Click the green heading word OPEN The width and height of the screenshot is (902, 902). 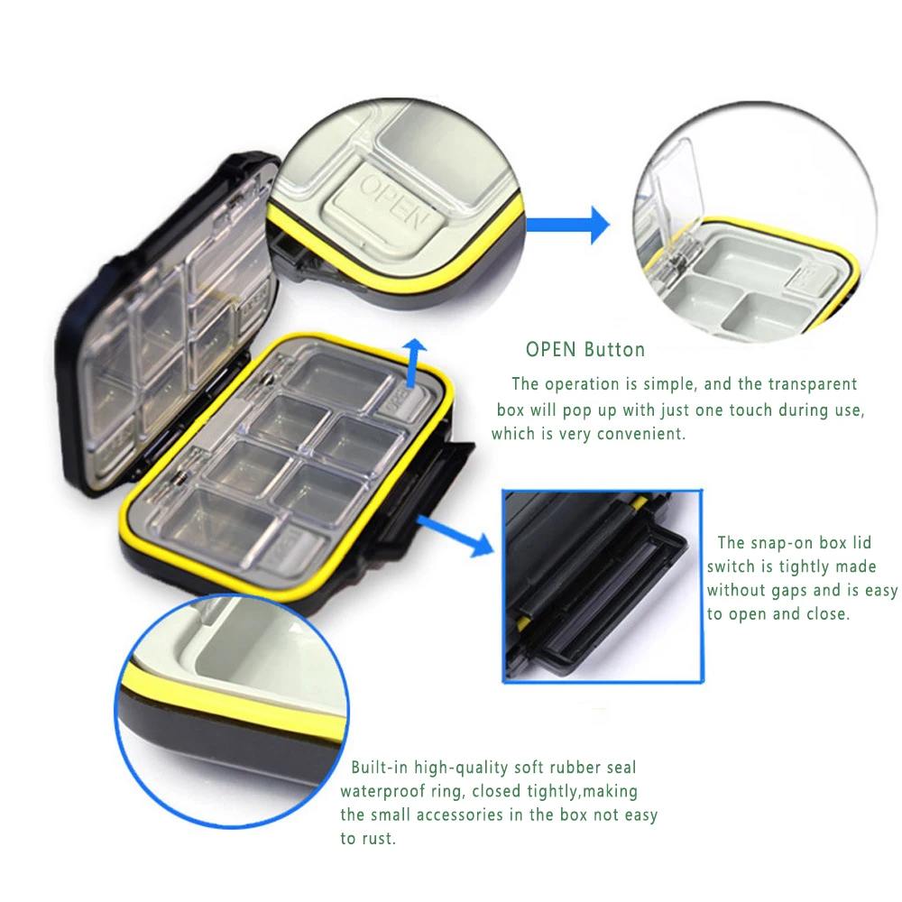pos(551,350)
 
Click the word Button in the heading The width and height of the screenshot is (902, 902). pos(614,350)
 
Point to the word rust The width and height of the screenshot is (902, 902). pos(380,839)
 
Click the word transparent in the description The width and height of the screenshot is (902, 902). pos(809,385)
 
